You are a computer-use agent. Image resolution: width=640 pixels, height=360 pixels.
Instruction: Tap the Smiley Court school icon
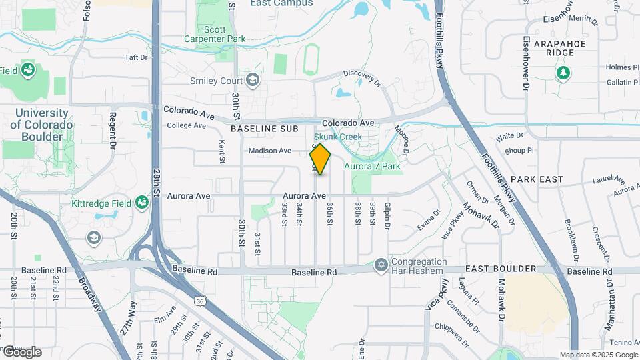(252, 81)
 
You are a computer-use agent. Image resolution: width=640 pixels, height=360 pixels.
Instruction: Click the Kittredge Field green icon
(141, 202)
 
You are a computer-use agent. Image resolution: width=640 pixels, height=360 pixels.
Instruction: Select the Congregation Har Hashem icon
(381, 265)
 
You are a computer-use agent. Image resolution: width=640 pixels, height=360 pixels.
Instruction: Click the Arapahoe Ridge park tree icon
(563, 72)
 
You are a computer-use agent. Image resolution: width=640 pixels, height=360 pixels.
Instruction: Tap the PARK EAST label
(537, 179)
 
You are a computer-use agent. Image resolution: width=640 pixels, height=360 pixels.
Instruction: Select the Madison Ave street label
(270, 151)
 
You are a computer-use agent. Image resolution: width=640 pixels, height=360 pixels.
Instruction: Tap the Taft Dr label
(135, 57)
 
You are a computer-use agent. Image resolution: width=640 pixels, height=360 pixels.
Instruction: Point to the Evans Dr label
(428, 221)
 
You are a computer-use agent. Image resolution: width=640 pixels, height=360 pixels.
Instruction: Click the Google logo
(22, 351)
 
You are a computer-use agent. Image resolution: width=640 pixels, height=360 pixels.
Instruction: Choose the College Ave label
(186, 125)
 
